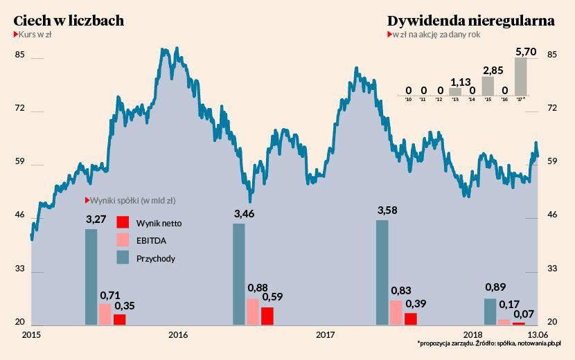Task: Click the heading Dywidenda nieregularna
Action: click(471, 21)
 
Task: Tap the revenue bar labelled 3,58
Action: click(382, 272)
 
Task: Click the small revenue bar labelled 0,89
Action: click(490, 312)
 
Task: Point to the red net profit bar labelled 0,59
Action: click(267, 316)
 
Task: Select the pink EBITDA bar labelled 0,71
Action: click(105, 314)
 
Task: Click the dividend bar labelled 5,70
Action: click(521, 76)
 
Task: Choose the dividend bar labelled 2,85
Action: click(488, 85)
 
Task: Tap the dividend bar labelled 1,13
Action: click(455, 91)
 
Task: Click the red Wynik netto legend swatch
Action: click(122, 222)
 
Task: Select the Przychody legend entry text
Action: click(156, 258)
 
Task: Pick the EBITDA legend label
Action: click(152, 240)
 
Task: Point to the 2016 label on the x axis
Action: click(178, 335)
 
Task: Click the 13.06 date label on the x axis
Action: click(538, 335)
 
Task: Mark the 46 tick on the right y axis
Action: click(552, 215)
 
